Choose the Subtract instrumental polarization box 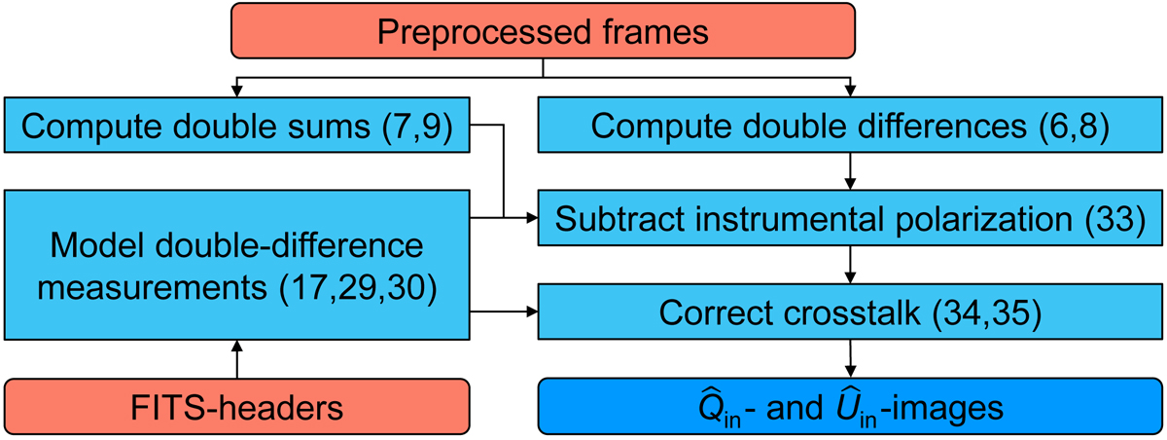(851, 219)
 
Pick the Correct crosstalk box (851, 313)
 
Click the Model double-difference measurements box (237, 266)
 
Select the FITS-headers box (237, 407)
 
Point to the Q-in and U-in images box (851, 407)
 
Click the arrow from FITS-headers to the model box (237, 360)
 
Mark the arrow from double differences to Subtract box (851, 171)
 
